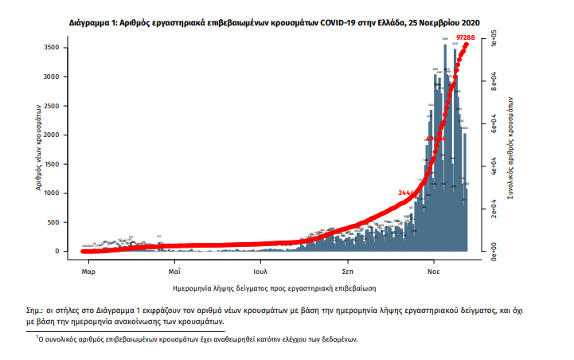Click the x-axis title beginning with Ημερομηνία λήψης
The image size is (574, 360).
coord(274,286)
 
